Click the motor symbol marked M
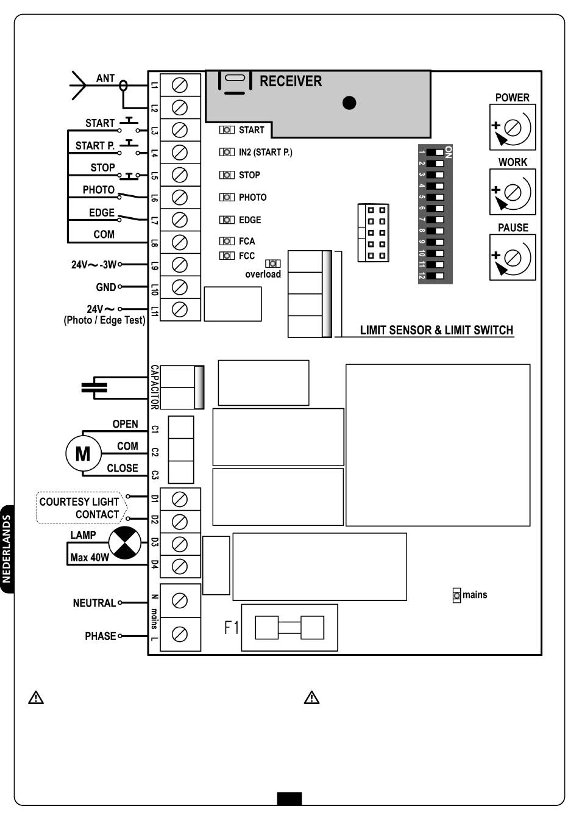click(x=83, y=453)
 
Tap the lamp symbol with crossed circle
click(x=125, y=542)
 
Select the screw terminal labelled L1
click(x=180, y=85)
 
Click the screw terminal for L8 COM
click(x=180, y=242)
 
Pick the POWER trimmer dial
click(x=513, y=128)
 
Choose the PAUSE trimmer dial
click(x=513, y=257)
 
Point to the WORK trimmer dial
click(x=513, y=192)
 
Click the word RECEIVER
click(x=291, y=81)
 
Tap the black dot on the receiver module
click(x=349, y=103)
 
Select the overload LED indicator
click(x=273, y=264)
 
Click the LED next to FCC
click(x=227, y=256)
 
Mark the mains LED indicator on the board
click(x=457, y=595)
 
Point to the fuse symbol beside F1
click(x=289, y=627)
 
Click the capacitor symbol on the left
click(x=94, y=387)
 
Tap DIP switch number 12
click(x=435, y=276)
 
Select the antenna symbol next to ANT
click(x=79, y=85)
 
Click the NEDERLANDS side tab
click(x=7, y=548)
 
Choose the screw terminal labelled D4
click(x=180, y=567)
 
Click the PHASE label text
click(x=100, y=636)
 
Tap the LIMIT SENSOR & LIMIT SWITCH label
click(x=437, y=330)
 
